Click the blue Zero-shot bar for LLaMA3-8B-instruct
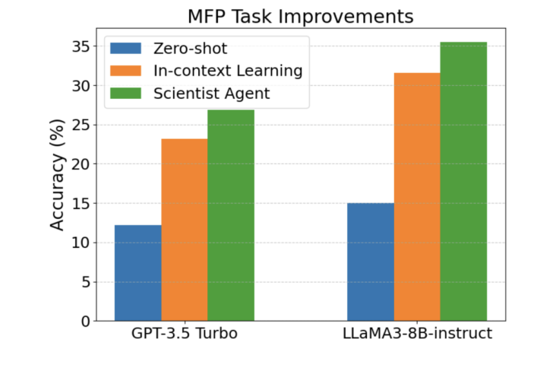pos(370,261)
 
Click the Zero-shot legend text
pos(189,49)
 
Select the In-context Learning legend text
pos(226,71)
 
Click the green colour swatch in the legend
pos(125,93)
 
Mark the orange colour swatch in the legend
pos(125,71)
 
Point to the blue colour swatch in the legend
pos(125,49)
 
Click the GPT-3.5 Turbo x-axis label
pos(184,334)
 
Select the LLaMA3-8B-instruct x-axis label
pos(416,334)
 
